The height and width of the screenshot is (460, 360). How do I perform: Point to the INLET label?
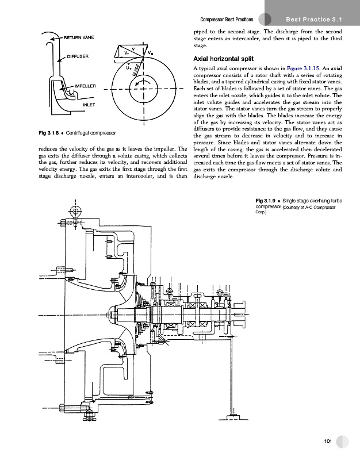point(89,105)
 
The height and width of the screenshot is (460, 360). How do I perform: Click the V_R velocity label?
point(150,53)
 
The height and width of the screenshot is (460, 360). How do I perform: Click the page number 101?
point(328,440)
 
